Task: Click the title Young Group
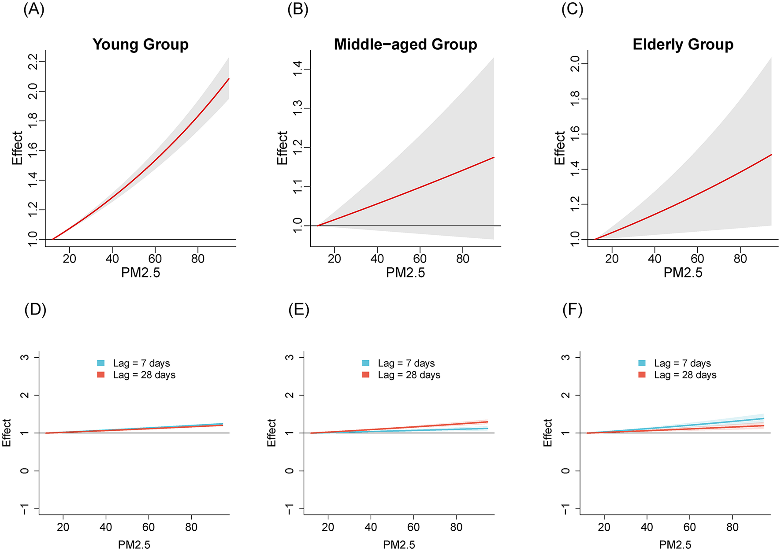click(141, 44)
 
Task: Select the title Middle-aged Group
click(405, 44)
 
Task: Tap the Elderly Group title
click(683, 44)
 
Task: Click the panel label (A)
click(34, 9)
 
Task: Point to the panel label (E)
click(299, 310)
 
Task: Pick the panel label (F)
click(573, 310)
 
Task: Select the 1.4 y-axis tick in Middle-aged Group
click(298, 69)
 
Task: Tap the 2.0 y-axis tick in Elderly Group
click(575, 64)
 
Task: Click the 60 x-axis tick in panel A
click(155, 259)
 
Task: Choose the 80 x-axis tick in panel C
click(740, 259)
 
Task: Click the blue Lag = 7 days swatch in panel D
click(101, 363)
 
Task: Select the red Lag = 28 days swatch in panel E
click(366, 375)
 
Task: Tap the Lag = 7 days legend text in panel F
click(682, 363)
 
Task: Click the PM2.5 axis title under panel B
click(405, 273)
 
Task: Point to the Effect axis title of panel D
click(7, 433)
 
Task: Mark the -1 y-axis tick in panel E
click(289, 509)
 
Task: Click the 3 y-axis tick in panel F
click(565, 357)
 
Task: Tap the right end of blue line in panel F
click(763, 418)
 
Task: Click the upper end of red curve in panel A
click(229, 79)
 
